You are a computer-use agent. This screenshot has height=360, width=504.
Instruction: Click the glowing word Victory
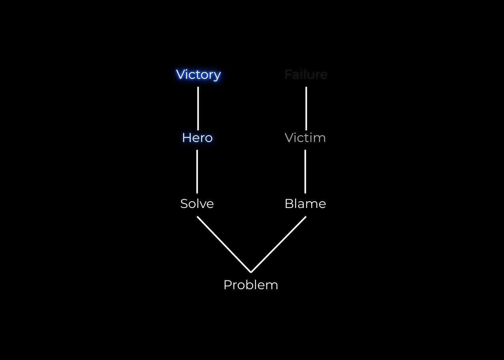click(198, 75)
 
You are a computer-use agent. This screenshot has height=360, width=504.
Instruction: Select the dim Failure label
click(306, 75)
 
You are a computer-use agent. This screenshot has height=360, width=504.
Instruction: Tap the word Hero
click(197, 138)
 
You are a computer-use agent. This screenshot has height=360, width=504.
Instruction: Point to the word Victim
click(305, 138)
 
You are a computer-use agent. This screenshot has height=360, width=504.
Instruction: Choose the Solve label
click(197, 204)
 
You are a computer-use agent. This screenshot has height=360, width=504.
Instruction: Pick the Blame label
click(305, 204)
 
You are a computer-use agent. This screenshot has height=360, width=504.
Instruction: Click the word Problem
click(251, 285)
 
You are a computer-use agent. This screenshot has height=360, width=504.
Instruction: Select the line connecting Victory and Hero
click(198, 108)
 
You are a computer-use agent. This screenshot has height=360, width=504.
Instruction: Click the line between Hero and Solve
click(197, 171)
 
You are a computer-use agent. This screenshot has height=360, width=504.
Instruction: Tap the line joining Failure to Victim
click(306, 108)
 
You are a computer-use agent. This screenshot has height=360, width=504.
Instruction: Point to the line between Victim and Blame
click(305, 171)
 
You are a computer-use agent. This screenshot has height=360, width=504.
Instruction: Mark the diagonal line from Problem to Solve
click(224, 244)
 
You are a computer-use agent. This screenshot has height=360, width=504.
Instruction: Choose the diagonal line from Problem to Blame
click(278, 244)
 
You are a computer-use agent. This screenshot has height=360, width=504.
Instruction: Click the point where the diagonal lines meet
click(251, 272)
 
